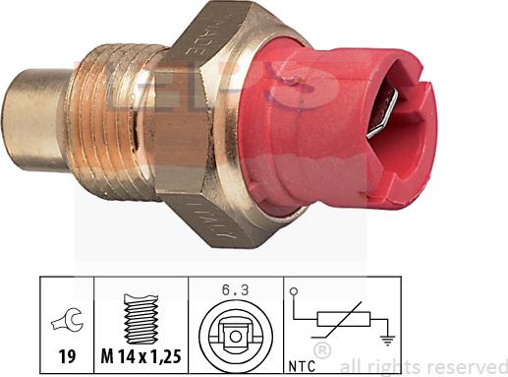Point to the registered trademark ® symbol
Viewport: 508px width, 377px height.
[x=321, y=350]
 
